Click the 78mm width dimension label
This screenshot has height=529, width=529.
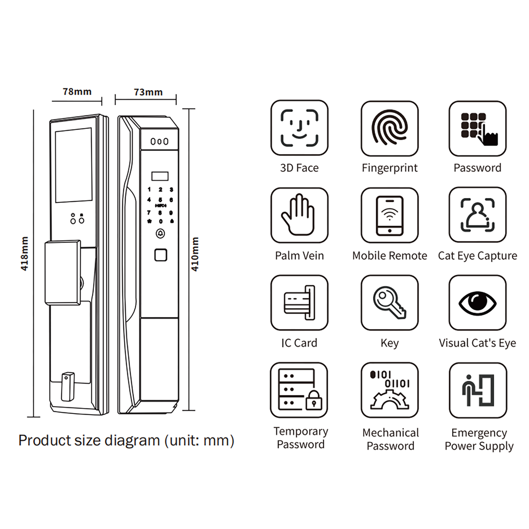pyautogui.click(x=77, y=92)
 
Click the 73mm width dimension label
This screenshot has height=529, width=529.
pyautogui.click(x=148, y=92)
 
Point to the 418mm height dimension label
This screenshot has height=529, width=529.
pyautogui.click(x=24, y=253)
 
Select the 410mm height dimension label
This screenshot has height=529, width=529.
pyautogui.click(x=195, y=254)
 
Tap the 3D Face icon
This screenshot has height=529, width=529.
pyautogui.click(x=299, y=128)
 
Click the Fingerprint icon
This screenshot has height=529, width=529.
pyautogui.click(x=389, y=128)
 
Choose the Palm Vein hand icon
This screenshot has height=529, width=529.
pyautogui.click(x=299, y=215)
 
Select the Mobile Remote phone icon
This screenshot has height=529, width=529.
pyautogui.click(x=389, y=215)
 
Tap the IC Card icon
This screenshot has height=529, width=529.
pyautogui.click(x=299, y=303)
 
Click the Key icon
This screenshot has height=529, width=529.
pyautogui.click(x=389, y=303)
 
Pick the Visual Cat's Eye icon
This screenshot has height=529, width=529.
pyautogui.click(x=477, y=303)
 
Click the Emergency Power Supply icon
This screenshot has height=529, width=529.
pyautogui.click(x=478, y=390)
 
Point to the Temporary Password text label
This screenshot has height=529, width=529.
pyautogui.click(x=301, y=438)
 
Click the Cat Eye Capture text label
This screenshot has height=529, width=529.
pyautogui.click(x=477, y=256)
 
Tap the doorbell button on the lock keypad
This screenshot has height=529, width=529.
pyautogui.click(x=160, y=234)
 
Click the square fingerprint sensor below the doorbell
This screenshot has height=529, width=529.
pyautogui.click(x=161, y=255)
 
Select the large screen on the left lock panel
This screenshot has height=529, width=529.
pyautogui.click(x=74, y=165)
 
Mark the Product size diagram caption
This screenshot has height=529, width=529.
pyautogui.click(x=126, y=440)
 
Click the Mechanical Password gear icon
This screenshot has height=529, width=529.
pyautogui.click(x=389, y=390)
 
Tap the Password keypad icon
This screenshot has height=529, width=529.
pyautogui.click(x=477, y=128)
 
